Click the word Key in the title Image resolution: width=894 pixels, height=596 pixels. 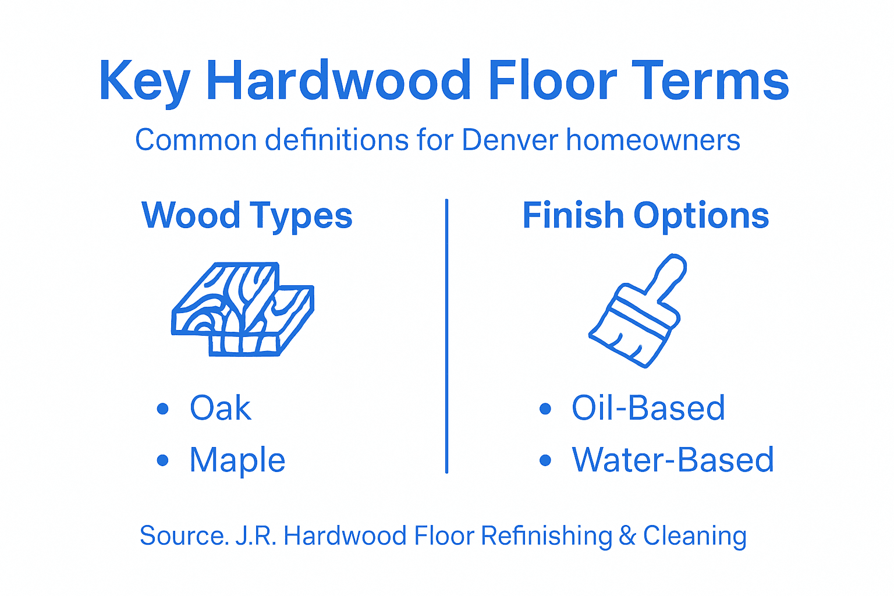pos(144,81)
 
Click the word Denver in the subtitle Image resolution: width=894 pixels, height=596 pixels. pos(510,140)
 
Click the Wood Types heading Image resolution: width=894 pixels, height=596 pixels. pos(247,216)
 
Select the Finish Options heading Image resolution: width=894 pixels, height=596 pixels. pos(645,215)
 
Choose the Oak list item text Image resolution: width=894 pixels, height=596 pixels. pos(221,408)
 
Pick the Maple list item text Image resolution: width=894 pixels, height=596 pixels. pos(237,460)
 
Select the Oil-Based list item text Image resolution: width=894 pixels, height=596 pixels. pos(648,408)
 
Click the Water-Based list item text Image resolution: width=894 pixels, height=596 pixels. pos(673,460)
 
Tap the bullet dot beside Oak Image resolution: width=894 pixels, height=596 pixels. pos(163,409)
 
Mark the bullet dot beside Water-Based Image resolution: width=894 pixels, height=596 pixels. pos(545,460)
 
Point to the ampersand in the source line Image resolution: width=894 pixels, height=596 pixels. pos(627,536)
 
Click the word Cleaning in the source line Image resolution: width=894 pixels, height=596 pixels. pos(694,536)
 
